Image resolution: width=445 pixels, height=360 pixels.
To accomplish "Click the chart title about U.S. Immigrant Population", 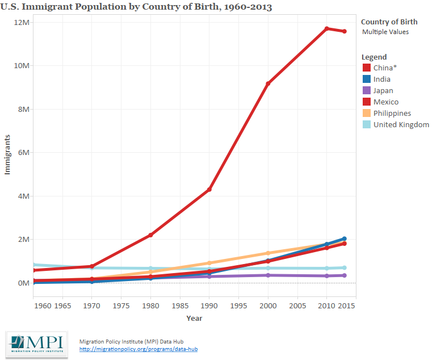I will (137, 7).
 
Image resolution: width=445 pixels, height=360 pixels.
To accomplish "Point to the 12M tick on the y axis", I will (22, 22).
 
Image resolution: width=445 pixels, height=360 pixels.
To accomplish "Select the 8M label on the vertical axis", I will (23, 109).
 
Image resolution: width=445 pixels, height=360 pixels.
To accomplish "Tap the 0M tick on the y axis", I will (23, 283).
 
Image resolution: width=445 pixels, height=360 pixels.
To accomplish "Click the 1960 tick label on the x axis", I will (43, 305).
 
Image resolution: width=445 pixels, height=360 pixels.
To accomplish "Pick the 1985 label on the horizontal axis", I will (180, 305).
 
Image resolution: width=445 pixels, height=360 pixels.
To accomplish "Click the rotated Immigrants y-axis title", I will (8, 154).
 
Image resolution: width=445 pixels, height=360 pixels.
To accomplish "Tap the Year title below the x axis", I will (194, 318).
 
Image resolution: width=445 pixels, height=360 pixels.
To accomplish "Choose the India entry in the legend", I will (382, 79).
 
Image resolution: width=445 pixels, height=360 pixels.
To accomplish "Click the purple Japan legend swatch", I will (367, 91).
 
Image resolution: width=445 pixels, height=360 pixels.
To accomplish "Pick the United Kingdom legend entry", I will (401, 125).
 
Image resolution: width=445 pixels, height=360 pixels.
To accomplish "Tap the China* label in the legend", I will (385, 68).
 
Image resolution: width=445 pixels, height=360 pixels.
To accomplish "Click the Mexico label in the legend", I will (385, 102).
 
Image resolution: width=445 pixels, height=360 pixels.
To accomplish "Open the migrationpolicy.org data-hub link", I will (138, 349).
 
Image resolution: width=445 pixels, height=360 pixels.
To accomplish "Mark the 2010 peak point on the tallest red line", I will (327, 28).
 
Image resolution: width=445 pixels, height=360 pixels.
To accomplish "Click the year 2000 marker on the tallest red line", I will (268, 83).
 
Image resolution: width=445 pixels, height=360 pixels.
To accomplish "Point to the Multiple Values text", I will (385, 32).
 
